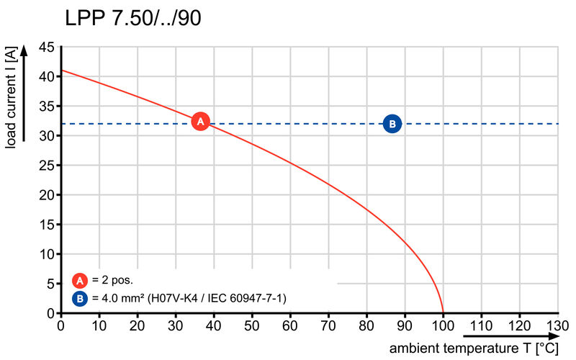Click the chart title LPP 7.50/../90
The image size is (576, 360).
(133, 18)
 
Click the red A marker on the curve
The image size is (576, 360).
(201, 122)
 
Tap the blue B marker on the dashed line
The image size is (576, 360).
(392, 124)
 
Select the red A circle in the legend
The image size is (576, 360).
(79, 281)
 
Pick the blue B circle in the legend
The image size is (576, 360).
(79, 297)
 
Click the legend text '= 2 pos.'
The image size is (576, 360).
(112, 281)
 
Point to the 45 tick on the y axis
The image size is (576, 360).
(46, 47)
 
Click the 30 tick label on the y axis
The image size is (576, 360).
(46, 135)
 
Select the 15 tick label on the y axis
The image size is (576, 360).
(46, 225)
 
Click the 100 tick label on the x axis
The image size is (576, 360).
(443, 325)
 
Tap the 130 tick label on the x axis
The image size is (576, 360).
(557, 325)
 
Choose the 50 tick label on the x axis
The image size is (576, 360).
(252, 325)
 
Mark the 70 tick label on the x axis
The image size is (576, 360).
(328, 325)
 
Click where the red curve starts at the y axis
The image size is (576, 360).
(61, 71)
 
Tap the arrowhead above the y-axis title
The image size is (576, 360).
(24, 51)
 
